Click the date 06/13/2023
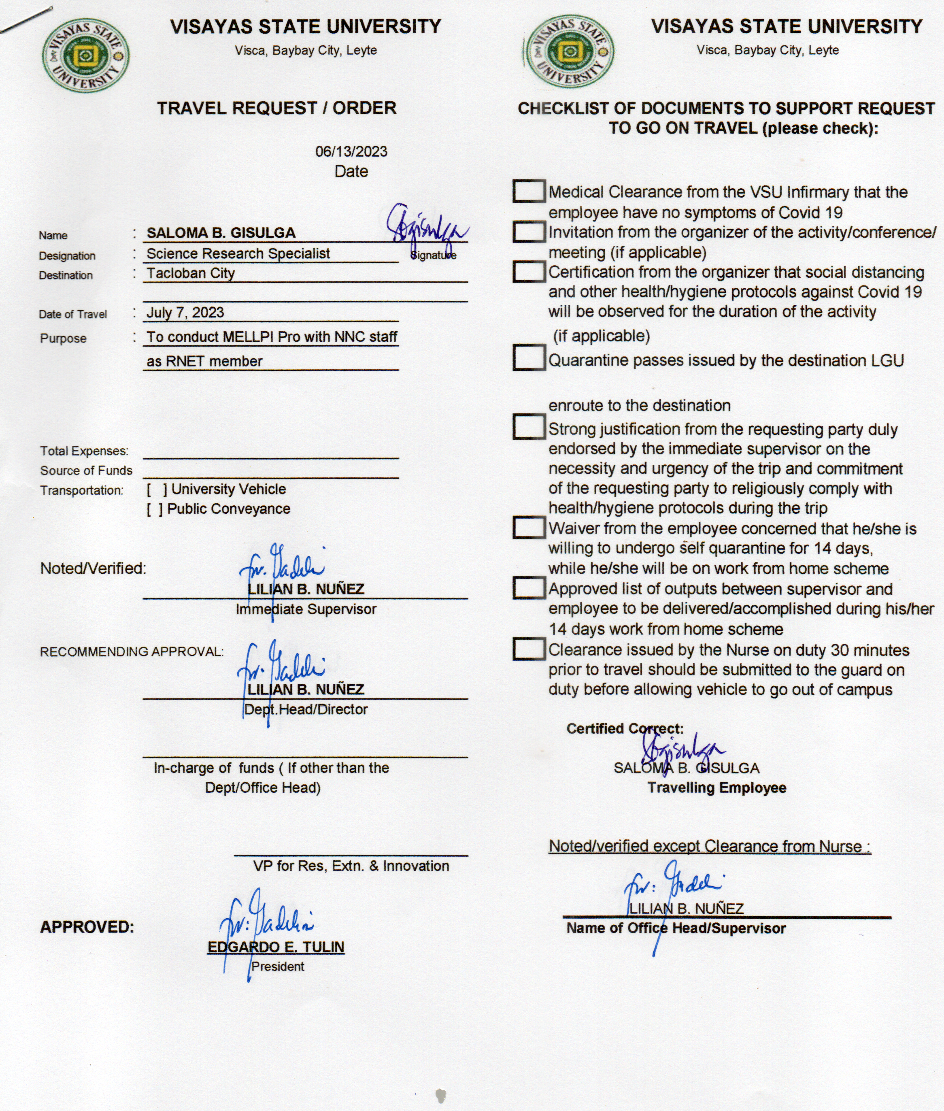tap(351, 151)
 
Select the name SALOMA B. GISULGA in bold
tap(221, 233)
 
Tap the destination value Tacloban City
tap(191, 273)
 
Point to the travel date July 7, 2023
tap(185, 313)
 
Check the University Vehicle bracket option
tap(157, 489)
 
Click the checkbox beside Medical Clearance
tap(529, 191)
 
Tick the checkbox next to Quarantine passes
tap(529, 358)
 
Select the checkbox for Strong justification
tap(529, 426)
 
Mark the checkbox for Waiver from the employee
tap(529, 527)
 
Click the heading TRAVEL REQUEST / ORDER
tap(276, 108)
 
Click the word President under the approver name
tap(278, 966)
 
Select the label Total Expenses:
tap(84, 451)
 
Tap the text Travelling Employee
tap(717, 788)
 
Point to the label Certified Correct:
tap(625, 728)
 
